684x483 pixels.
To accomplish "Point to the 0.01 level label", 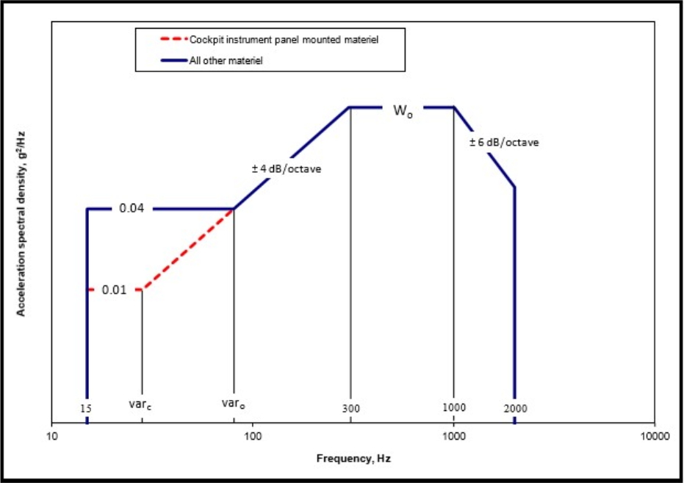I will (x=115, y=290).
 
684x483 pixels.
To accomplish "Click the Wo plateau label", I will (x=402, y=111).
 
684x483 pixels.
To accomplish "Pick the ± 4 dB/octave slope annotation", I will (x=287, y=169).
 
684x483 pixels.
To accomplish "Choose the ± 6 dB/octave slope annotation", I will (x=504, y=143).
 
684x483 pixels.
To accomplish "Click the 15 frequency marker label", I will (x=87, y=407).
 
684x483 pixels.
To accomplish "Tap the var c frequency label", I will (x=141, y=404).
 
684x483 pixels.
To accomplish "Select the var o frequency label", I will (x=234, y=403).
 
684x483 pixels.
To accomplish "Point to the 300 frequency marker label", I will (x=350, y=407).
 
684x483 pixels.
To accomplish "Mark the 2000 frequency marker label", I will (x=516, y=407).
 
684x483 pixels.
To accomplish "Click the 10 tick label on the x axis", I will (x=51, y=437).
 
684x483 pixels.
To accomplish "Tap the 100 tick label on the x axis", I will (x=253, y=437).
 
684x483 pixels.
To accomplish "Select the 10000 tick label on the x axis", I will (x=654, y=437).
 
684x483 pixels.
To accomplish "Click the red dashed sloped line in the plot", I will (x=187, y=249).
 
